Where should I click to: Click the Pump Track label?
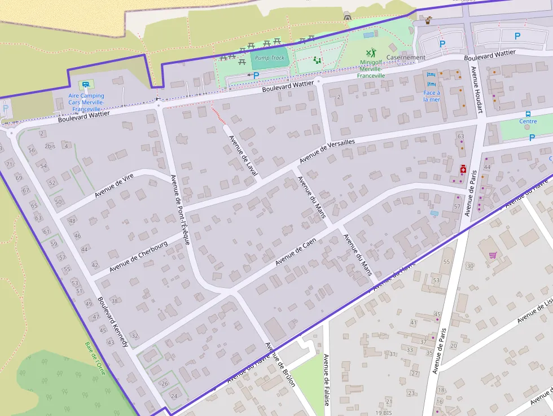(270, 58)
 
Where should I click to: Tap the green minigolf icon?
(370, 53)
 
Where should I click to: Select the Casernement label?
(406, 58)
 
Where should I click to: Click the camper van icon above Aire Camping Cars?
(86, 85)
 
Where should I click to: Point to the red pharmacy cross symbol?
(463, 169)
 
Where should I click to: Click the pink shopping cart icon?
(493, 255)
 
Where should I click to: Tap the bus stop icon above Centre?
(528, 113)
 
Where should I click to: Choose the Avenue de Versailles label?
(327, 151)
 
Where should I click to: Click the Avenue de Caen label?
(296, 252)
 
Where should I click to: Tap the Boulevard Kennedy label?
(113, 321)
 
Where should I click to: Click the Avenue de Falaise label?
(326, 379)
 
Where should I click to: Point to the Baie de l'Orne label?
(95, 358)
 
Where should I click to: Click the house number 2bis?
(50, 146)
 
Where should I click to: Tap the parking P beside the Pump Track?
(256, 75)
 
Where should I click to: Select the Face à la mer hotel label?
(432, 96)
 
